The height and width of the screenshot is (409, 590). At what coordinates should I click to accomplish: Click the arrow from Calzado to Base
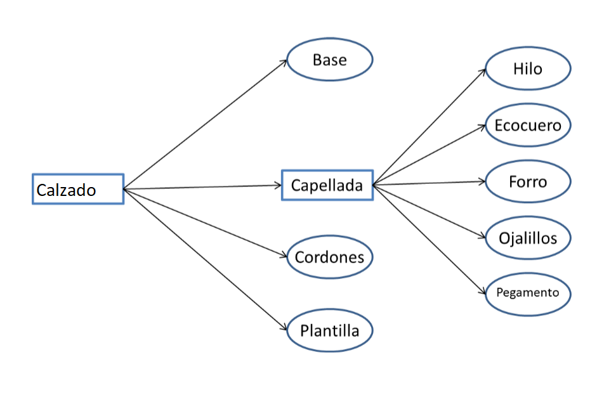point(206,124)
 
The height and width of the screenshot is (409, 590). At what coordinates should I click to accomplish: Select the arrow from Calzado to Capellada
point(202,187)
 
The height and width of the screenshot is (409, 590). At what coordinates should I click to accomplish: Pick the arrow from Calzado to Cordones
point(206,223)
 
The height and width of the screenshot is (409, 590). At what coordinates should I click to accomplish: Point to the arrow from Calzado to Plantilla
point(206,259)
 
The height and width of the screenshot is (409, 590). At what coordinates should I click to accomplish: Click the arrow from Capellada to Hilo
point(429,127)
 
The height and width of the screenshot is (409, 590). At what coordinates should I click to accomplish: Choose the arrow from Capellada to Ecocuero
point(429,155)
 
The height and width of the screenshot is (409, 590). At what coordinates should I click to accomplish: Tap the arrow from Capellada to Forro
point(429,183)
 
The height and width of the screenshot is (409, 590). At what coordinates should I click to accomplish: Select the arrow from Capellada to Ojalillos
point(429,211)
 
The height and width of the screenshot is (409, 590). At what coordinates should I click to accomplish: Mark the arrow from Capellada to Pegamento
point(429,239)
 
